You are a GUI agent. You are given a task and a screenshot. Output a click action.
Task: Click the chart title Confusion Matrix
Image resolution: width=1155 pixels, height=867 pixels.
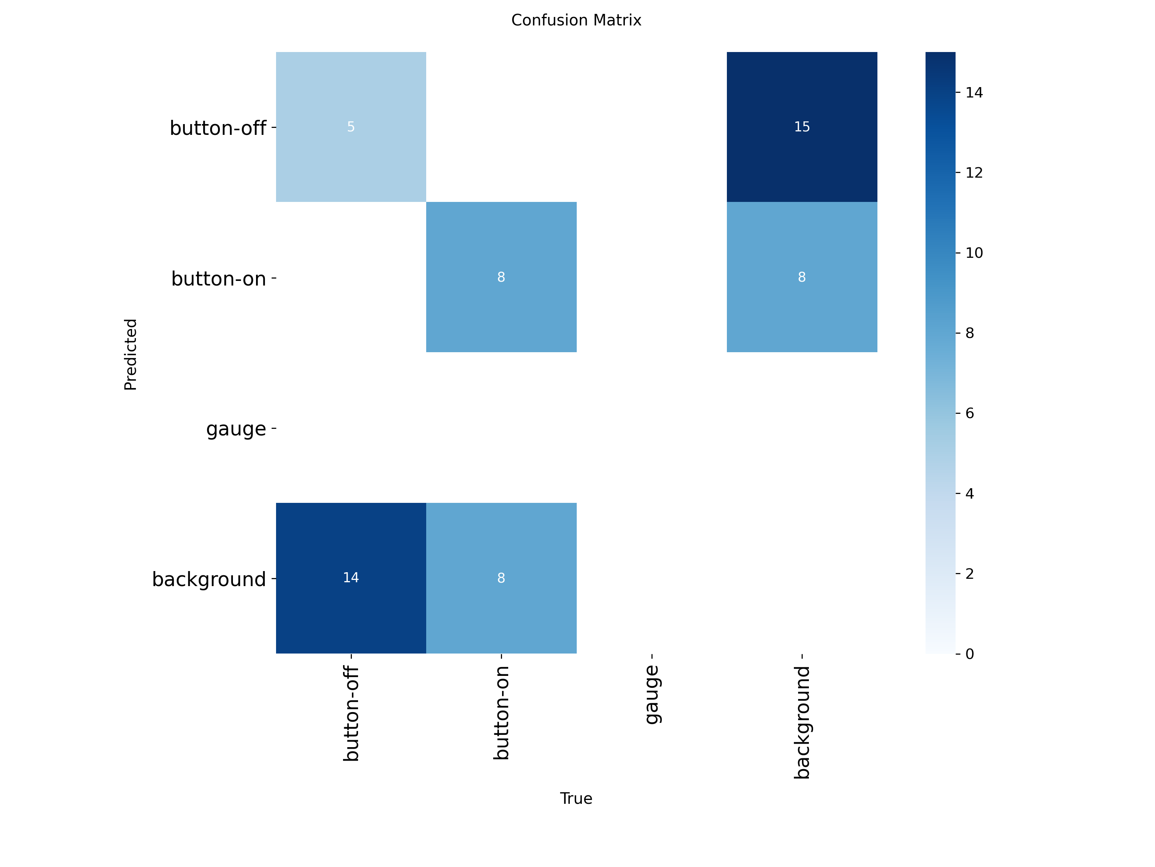click(x=576, y=20)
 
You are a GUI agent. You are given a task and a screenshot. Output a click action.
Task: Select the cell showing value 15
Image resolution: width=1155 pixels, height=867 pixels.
click(x=802, y=127)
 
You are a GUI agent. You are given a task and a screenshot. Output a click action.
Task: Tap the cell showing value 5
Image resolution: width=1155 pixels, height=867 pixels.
click(x=351, y=127)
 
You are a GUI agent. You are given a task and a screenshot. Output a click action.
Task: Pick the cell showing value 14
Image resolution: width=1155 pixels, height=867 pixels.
click(x=351, y=578)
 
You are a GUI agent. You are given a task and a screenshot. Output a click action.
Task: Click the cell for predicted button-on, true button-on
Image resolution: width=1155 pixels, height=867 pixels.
click(x=501, y=277)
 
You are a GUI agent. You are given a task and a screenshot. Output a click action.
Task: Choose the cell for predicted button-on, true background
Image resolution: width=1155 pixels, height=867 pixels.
click(x=802, y=277)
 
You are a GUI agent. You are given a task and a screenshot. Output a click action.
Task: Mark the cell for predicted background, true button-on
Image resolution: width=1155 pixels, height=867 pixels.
click(x=501, y=578)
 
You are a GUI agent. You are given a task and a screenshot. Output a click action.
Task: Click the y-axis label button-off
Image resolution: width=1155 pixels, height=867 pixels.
click(x=218, y=128)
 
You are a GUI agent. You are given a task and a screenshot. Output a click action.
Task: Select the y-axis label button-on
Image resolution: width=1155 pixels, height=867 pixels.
click(x=218, y=279)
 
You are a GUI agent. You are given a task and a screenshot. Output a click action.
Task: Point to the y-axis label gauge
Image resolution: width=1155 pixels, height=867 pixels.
click(x=236, y=429)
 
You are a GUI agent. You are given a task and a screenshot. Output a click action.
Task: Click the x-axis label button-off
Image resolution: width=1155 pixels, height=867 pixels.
click(x=351, y=713)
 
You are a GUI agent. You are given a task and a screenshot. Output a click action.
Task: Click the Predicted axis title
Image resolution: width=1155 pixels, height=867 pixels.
click(x=131, y=355)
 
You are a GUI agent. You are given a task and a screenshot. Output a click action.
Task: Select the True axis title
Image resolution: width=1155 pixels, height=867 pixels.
click(x=576, y=798)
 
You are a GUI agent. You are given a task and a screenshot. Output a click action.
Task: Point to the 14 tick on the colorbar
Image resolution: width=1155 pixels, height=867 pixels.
click(x=974, y=92)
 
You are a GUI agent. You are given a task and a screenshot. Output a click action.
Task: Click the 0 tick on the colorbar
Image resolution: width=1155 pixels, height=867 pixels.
click(x=970, y=654)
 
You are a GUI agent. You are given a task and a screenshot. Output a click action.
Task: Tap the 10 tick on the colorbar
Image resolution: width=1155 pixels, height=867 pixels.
click(x=974, y=253)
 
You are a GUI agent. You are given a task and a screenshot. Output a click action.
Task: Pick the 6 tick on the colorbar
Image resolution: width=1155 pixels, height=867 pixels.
click(x=970, y=413)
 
